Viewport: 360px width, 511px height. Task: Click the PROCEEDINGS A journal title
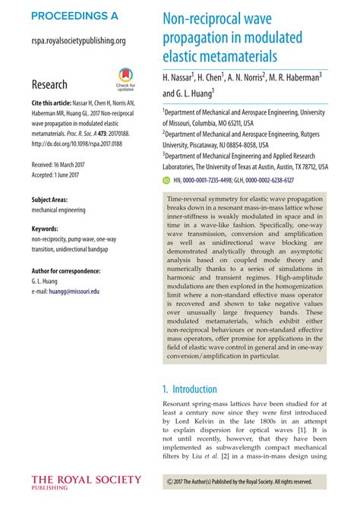coord(74,15)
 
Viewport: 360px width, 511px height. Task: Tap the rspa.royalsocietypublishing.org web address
coord(78,41)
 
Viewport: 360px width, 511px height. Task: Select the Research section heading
coord(49,84)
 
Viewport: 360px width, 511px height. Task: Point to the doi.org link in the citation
coord(81,142)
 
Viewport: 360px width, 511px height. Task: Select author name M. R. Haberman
coord(294,78)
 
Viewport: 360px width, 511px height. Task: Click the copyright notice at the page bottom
coord(238,481)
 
